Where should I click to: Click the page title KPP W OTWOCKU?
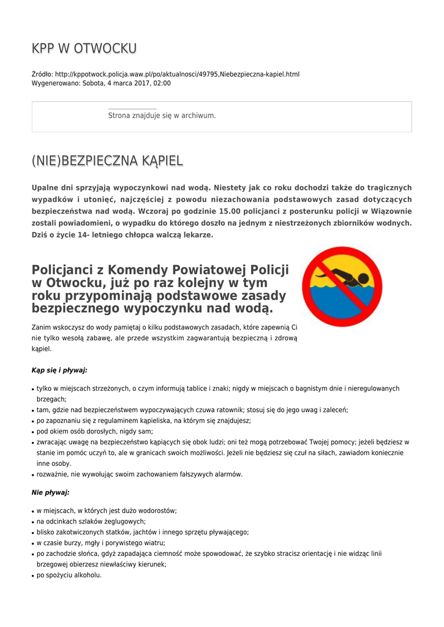pos(84,48)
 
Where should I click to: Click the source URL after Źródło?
pos(177,74)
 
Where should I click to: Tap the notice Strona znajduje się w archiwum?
pos(162,115)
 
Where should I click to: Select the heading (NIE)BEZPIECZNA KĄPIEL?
pos(107,161)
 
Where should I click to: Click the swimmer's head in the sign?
pos(363,279)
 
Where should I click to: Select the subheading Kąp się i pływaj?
pos(59,370)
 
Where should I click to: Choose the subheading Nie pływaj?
pos(50,492)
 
